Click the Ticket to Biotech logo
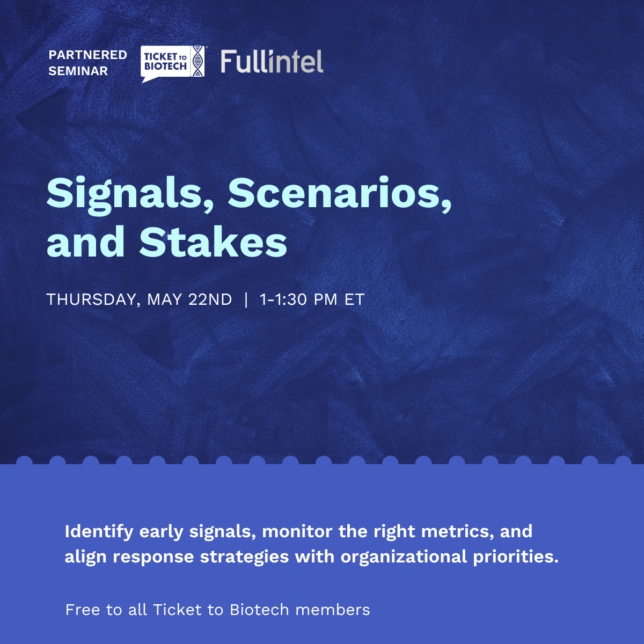coord(173,63)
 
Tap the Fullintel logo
coord(272,62)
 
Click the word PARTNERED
coord(87,55)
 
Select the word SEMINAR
coord(78,71)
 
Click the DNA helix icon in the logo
coord(198,61)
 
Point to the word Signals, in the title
coord(130,195)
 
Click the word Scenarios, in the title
coord(340,194)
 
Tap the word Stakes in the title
coord(213,241)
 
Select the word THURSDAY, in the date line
coord(93,300)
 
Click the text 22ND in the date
coord(210,299)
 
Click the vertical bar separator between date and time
coord(246,299)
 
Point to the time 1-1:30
coord(283,299)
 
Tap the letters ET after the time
coord(354,299)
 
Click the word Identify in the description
coord(99,532)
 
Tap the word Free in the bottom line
coord(82,610)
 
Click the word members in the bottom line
coord(333,610)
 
